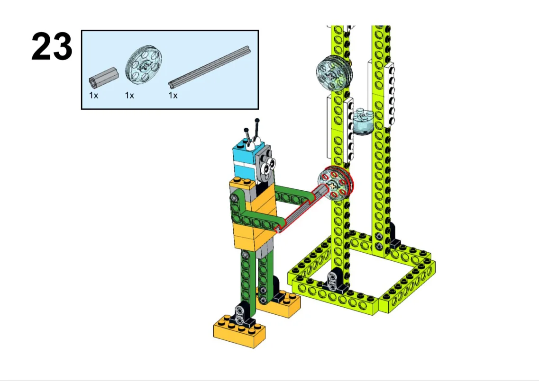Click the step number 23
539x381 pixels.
[52, 46]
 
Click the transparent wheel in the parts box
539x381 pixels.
[144, 65]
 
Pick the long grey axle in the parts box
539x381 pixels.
[210, 66]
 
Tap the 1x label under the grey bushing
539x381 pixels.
[93, 96]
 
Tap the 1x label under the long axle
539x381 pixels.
[173, 96]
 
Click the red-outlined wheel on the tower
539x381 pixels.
[335, 183]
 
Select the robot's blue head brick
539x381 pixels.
[244, 160]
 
